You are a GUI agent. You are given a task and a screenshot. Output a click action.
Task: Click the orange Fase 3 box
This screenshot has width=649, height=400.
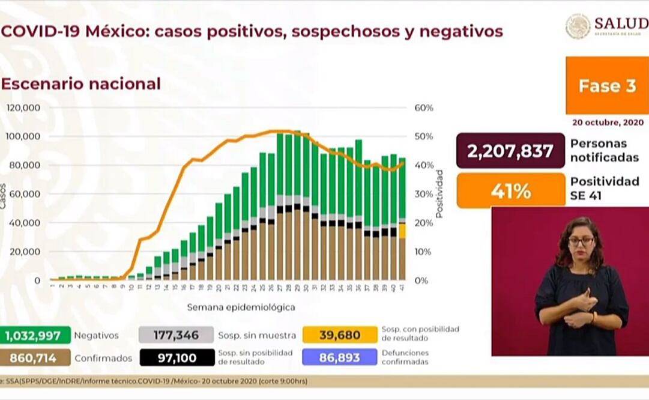pyautogui.click(x=606, y=86)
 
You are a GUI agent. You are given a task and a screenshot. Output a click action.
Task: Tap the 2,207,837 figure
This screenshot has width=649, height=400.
pyautogui.click(x=510, y=151)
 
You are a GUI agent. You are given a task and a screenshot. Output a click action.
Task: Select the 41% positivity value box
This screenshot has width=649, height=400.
pyautogui.click(x=510, y=191)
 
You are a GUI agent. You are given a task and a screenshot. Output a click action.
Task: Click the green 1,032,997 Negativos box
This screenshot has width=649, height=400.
pyautogui.click(x=35, y=335)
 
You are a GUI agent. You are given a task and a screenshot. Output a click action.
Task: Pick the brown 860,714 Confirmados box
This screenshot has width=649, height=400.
pyautogui.click(x=35, y=359)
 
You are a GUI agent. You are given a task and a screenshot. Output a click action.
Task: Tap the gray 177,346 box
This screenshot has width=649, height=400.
pyautogui.click(x=176, y=335)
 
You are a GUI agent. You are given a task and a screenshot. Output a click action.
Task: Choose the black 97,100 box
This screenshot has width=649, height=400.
pyautogui.click(x=176, y=358)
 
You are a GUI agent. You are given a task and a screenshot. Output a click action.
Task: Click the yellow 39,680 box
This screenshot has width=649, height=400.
pyautogui.click(x=340, y=335)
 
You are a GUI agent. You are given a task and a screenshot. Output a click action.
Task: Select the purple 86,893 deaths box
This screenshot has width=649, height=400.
pyautogui.click(x=340, y=358)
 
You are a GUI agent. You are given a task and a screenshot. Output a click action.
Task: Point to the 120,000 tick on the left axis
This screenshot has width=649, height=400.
pyautogui.click(x=23, y=108)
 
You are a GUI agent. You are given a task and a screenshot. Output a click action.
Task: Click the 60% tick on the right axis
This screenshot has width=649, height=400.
pyautogui.click(x=423, y=108)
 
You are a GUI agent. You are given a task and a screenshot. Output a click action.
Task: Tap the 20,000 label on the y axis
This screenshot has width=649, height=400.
pyautogui.click(x=26, y=252)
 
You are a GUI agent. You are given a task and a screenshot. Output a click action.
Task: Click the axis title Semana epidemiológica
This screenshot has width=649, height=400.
pyautogui.click(x=241, y=308)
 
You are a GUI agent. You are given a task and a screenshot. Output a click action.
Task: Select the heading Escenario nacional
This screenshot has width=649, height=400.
pyautogui.click(x=80, y=83)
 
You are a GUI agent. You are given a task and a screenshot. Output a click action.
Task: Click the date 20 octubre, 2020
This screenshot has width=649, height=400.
pyautogui.click(x=608, y=122)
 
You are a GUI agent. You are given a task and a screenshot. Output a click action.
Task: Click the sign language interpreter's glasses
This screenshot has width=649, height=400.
pyautogui.click(x=581, y=241)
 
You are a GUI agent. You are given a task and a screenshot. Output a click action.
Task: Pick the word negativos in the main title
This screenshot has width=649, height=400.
pyautogui.click(x=456, y=31)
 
